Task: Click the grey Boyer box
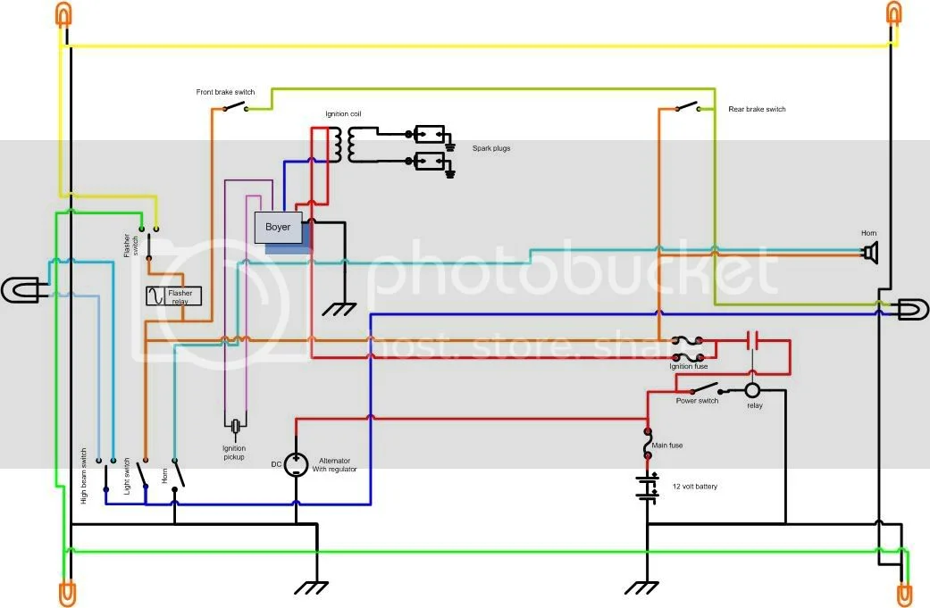pyautogui.click(x=278, y=228)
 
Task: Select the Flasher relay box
pyautogui.click(x=174, y=296)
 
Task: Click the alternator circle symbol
pyautogui.click(x=296, y=464)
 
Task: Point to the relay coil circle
pyautogui.click(x=752, y=390)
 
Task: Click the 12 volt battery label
pyautogui.click(x=694, y=487)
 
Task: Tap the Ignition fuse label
pyautogui.click(x=688, y=366)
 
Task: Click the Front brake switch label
pyautogui.click(x=225, y=92)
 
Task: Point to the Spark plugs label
pyautogui.click(x=491, y=147)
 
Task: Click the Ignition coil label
pyautogui.click(x=343, y=114)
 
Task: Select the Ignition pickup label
pyautogui.click(x=233, y=453)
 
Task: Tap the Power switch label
pyautogui.click(x=697, y=401)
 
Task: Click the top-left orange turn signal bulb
pyautogui.click(x=65, y=14)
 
